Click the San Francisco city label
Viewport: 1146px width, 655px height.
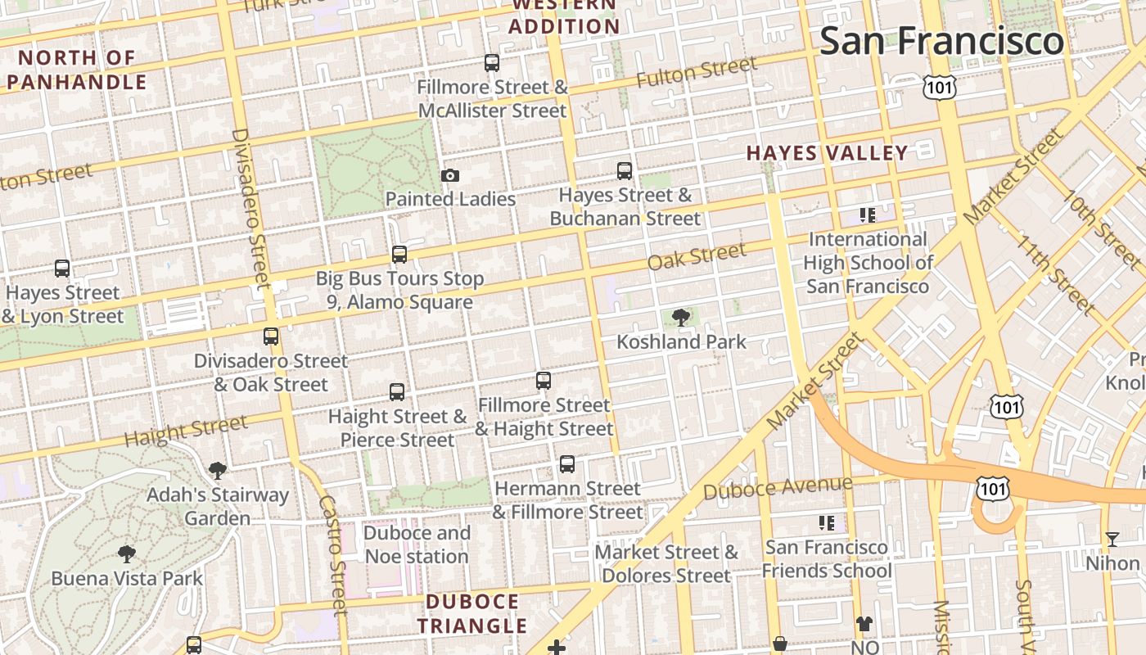coord(941,41)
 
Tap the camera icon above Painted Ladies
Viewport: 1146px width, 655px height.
coord(449,175)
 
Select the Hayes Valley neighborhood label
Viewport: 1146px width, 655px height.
coord(827,153)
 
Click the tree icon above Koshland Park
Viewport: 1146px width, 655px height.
coord(679,318)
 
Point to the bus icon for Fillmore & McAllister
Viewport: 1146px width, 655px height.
coord(492,63)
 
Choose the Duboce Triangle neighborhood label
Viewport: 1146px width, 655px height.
coord(472,614)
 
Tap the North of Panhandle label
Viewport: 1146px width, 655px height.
coord(77,70)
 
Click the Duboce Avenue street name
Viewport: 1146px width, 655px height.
coord(777,488)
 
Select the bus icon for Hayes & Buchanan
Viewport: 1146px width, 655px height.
coord(625,171)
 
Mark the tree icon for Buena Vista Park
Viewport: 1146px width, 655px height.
coord(126,554)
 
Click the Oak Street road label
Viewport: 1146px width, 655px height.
coord(696,256)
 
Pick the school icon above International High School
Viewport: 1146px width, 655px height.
coord(868,215)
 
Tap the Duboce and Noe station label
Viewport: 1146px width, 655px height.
coord(417,544)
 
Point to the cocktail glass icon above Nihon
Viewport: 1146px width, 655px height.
coord(1112,539)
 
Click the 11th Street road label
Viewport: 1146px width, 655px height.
coord(1056,275)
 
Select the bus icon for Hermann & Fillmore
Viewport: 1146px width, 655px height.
coord(567,464)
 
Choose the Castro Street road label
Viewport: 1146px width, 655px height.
coord(334,553)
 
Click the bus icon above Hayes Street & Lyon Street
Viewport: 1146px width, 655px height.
coord(62,269)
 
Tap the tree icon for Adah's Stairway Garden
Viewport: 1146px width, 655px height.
coord(217,470)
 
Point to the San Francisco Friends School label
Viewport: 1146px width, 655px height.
coord(827,558)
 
